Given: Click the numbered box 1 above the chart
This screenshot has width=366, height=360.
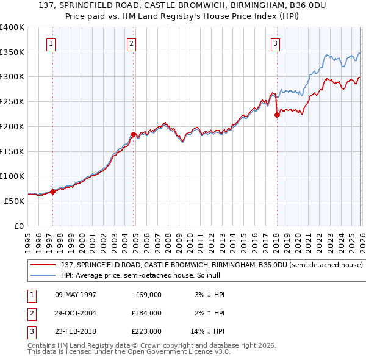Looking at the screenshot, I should [x=50, y=43].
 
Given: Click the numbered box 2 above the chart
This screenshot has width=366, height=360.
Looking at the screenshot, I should [x=132, y=43].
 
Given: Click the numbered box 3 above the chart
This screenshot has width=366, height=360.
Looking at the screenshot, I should [x=275, y=43].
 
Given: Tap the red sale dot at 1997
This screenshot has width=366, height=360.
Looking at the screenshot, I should [x=52, y=192].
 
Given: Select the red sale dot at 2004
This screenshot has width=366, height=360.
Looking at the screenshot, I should [x=133, y=134].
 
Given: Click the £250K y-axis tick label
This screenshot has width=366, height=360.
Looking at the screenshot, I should [x=12, y=102].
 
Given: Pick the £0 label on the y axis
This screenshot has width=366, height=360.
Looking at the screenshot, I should [x=19, y=226].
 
